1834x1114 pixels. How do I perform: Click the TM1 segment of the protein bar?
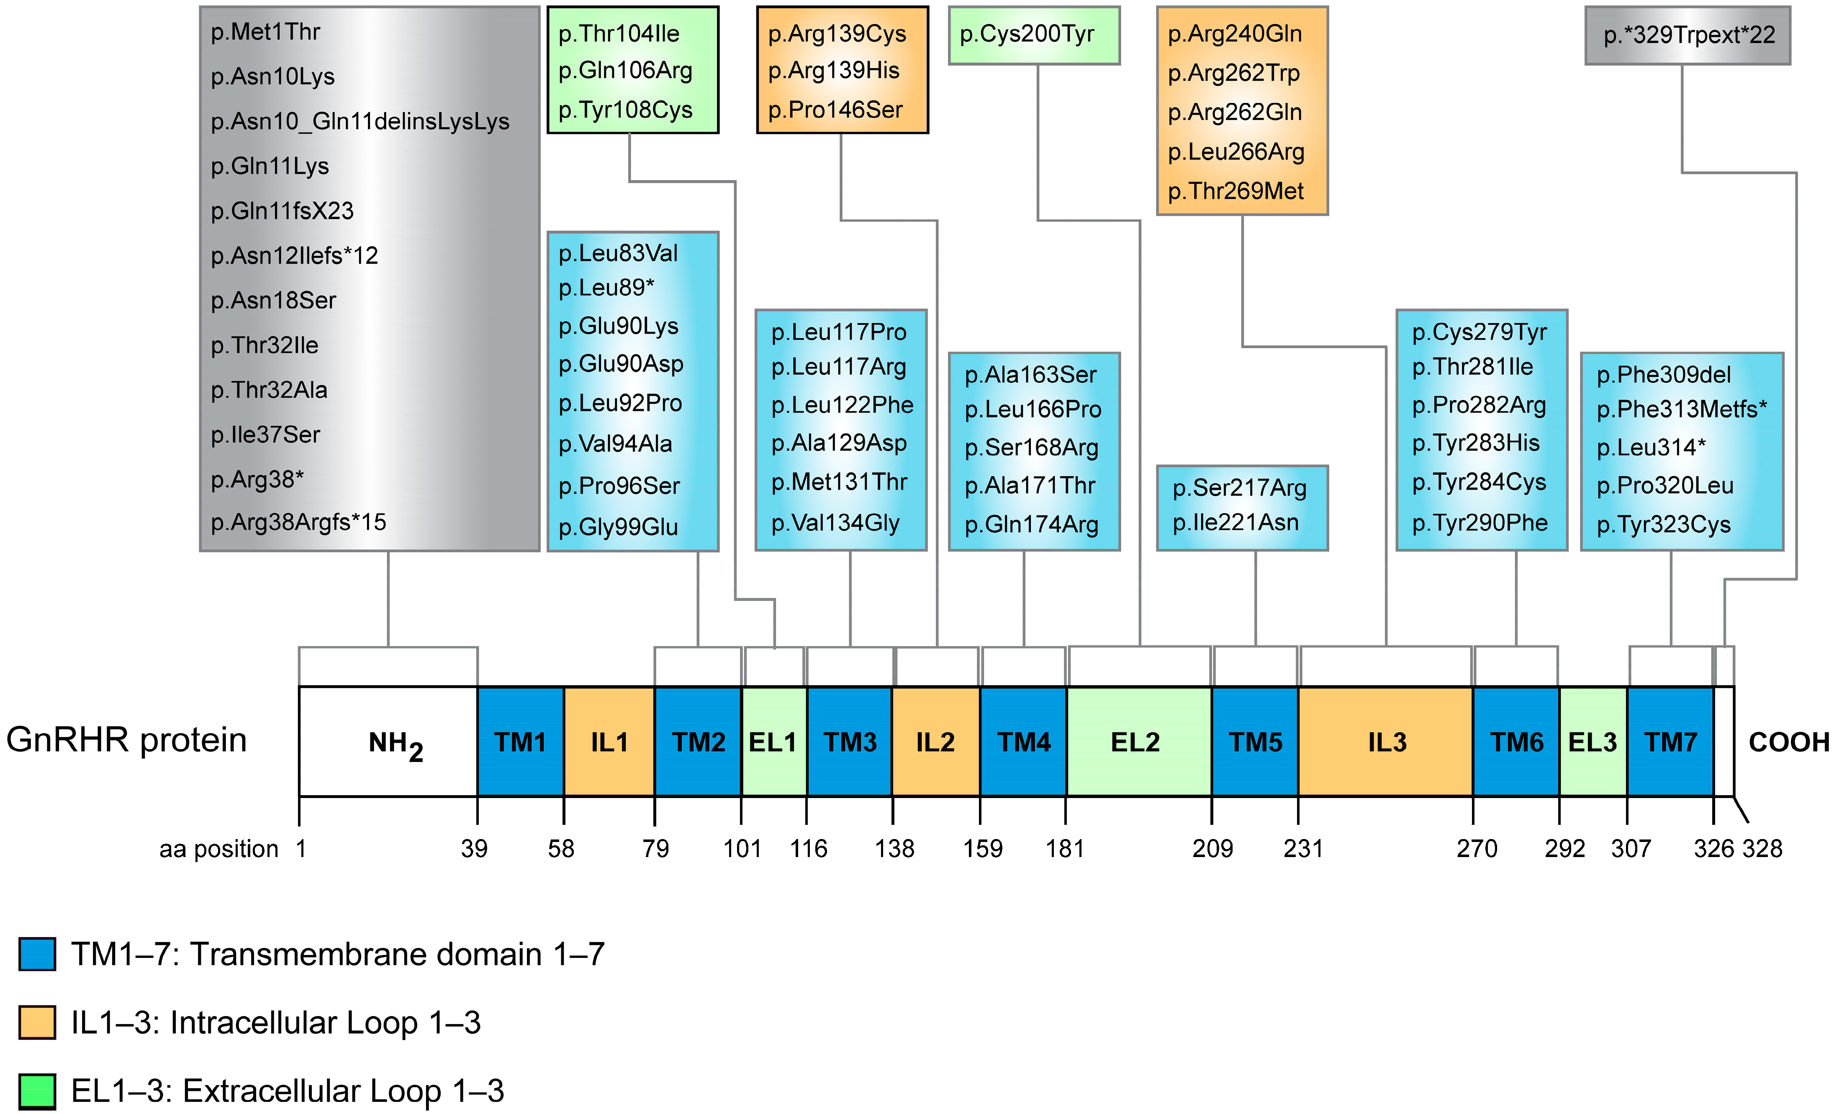pos(520,742)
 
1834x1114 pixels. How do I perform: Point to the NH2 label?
pos(395,744)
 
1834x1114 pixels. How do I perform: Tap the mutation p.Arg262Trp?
pos(1233,73)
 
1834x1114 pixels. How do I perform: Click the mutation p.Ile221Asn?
pos(1236,522)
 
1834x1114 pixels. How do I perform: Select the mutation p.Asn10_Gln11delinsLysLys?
pos(360,121)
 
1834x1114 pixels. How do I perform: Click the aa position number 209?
pos(1212,848)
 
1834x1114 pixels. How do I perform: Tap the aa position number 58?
pos(561,848)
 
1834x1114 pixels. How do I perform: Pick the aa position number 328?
pos(1762,848)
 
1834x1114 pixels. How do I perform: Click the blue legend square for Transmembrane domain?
pos(37,954)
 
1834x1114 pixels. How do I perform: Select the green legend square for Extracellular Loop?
pos(37,1091)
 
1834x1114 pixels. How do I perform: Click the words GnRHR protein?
pos(126,740)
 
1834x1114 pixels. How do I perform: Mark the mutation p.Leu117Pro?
pos(839,332)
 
